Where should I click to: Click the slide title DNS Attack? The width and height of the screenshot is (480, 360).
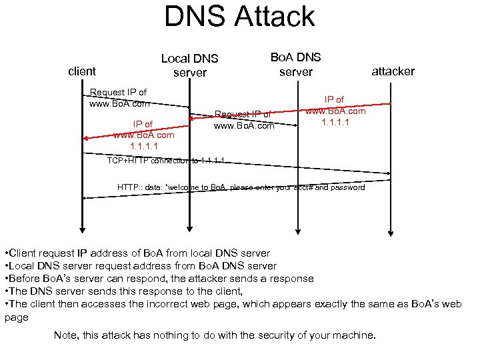239,17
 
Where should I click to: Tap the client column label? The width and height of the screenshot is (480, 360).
83,71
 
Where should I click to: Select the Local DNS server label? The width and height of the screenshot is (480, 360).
189,65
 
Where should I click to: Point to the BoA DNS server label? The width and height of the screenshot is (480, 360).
295,64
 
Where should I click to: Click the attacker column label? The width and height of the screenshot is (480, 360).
393,71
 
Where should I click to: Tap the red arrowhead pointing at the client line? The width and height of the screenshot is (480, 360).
87,138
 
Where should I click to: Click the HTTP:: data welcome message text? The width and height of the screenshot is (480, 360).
241,187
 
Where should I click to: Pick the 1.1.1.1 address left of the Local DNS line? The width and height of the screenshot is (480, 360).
143,145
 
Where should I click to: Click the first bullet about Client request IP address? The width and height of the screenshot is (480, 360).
137,253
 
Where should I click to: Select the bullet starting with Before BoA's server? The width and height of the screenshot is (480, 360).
159,279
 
